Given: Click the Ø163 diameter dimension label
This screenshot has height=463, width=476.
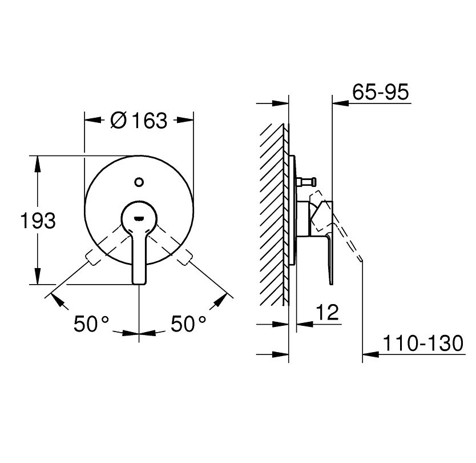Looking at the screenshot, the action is pos(139,121).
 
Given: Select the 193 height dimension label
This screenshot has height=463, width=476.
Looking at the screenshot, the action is pos(38,221).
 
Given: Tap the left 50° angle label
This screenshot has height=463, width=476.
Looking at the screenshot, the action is pos(91,324).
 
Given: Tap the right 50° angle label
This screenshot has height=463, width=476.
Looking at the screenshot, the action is pos(188,324).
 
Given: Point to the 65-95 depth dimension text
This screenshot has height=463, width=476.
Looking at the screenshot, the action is pos(381,92).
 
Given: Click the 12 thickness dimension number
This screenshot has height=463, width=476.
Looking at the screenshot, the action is pos(327,312).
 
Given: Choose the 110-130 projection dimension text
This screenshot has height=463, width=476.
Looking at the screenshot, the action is pos(423,343).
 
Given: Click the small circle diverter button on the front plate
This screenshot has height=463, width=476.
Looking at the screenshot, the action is pos(139,182).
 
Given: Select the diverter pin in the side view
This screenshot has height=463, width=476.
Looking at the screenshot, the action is pos(306,182).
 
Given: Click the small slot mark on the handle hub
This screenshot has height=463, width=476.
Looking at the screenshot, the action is pos(139,218).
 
